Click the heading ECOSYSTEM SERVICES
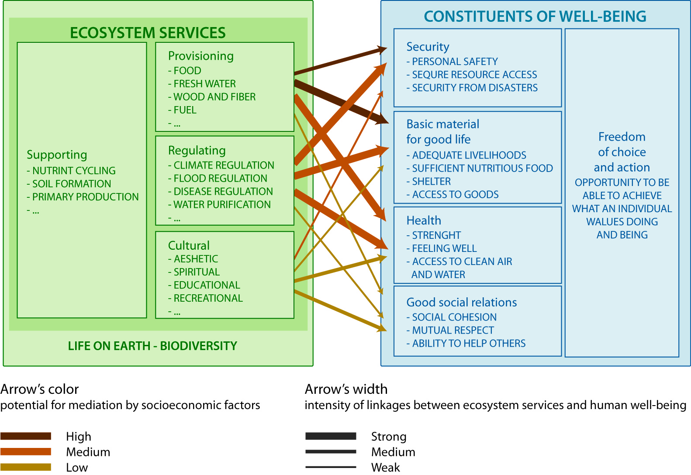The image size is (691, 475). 148,33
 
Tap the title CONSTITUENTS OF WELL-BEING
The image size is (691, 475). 535,16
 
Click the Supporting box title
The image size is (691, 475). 57,155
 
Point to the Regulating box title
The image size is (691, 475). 197,151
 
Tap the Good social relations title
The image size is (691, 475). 462,302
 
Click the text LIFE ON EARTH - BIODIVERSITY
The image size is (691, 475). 152,346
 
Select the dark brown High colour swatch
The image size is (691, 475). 26,436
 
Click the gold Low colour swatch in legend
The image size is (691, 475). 26,467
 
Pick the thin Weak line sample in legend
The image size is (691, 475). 331,467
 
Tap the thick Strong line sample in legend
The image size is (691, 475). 331,436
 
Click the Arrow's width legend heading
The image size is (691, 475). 346,389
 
